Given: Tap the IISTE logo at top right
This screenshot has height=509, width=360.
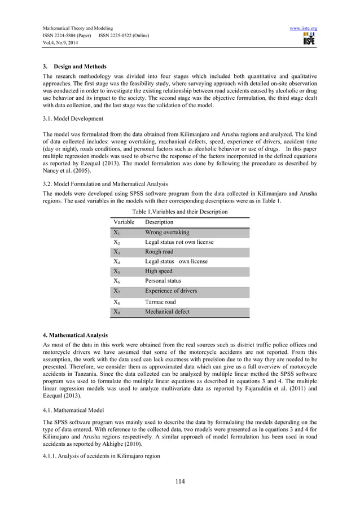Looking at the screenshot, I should click(309, 39).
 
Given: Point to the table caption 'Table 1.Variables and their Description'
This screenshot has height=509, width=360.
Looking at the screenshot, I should click(180, 212).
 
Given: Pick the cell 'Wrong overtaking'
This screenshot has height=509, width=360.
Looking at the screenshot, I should click(167, 232).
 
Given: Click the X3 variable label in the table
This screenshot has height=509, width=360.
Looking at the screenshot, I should click(116, 252).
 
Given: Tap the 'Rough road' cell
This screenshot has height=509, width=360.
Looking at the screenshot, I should click(159, 252).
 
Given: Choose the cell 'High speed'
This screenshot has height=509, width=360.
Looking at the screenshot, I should click(159, 271).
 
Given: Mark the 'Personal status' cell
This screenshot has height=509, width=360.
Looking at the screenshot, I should click(163, 280).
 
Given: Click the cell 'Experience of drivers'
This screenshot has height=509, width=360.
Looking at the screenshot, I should click(171, 291).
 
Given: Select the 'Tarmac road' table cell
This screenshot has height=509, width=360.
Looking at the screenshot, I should click(160, 302).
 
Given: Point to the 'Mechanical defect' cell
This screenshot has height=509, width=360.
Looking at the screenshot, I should click(168, 311).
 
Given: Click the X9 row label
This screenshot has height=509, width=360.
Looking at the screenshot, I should click(116, 311).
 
